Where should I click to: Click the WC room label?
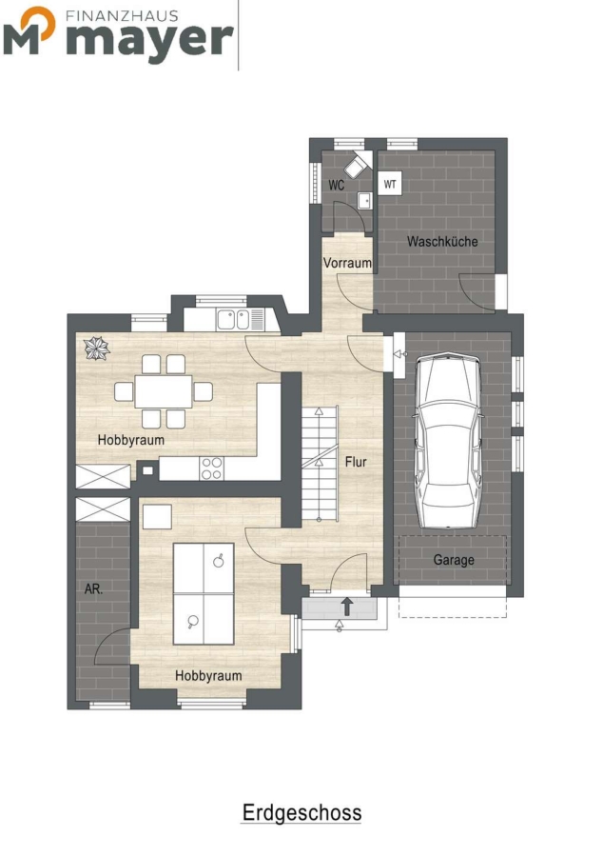click(336, 186)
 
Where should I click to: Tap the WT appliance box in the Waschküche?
click(390, 184)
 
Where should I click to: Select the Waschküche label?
click(442, 241)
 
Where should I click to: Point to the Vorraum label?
click(347, 263)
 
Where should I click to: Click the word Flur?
click(356, 462)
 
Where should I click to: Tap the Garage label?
click(454, 560)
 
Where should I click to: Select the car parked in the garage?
click(448, 440)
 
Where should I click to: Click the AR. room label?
click(93, 589)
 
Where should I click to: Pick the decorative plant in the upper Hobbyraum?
click(97, 349)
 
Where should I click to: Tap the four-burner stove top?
click(212, 468)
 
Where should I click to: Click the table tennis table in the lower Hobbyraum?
click(204, 594)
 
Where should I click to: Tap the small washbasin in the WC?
click(364, 201)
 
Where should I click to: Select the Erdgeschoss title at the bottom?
click(301, 813)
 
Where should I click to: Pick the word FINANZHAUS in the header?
click(122, 15)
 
